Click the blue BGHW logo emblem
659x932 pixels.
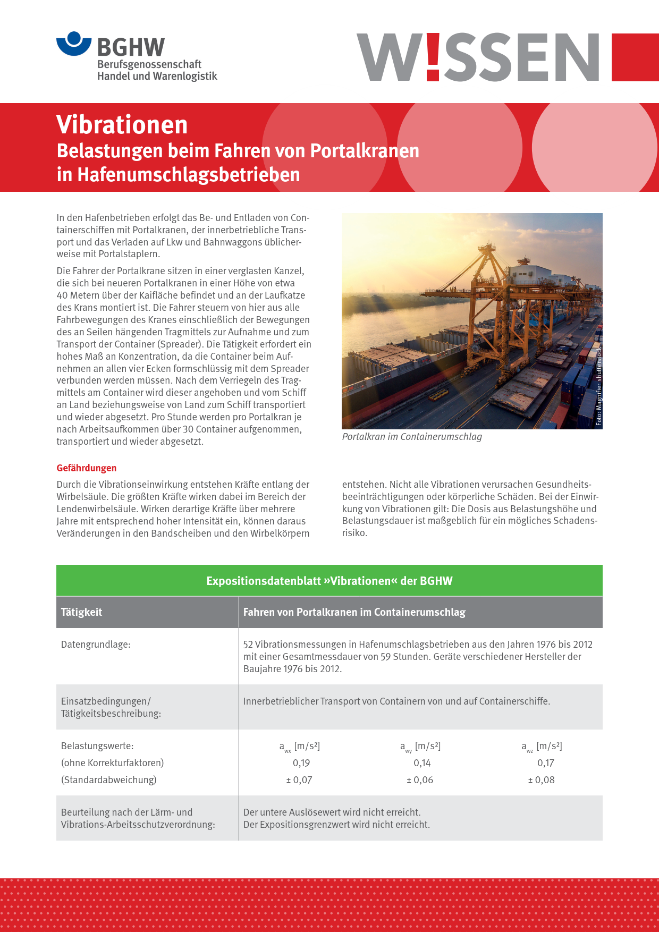point(74,44)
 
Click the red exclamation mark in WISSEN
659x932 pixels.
point(433,57)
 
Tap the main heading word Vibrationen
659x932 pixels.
point(122,125)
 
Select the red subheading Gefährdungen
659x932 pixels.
point(87,468)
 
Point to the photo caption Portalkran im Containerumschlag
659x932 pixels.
point(412,437)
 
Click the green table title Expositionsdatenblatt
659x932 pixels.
point(329,581)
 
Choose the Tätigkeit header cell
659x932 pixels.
point(82,612)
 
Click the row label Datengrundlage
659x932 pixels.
point(96,645)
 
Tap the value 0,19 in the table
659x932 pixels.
point(301,763)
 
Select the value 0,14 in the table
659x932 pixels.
point(422,763)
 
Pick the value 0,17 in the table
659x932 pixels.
point(546,763)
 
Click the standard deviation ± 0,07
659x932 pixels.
point(299,780)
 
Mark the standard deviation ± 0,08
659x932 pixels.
point(541,780)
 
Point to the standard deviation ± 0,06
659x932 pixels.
point(420,780)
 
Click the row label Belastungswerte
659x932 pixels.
point(97,746)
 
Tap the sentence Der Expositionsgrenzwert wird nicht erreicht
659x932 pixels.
point(336,825)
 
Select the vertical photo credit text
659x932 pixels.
point(598,386)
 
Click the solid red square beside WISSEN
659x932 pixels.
point(635,57)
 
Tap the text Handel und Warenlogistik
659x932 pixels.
point(157,77)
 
